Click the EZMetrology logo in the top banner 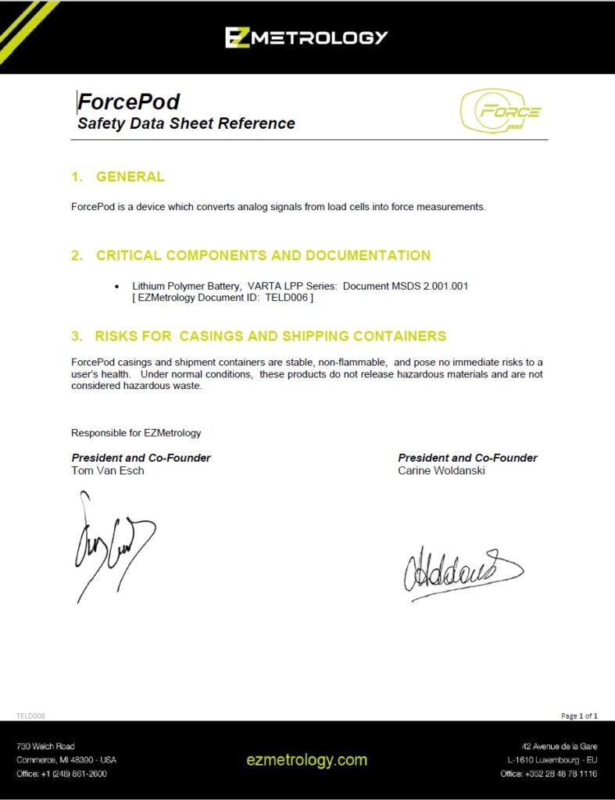[x=306, y=37]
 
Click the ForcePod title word [x=129, y=102]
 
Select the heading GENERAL [x=130, y=177]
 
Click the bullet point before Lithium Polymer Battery [x=117, y=287]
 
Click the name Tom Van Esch [x=108, y=470]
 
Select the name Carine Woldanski [x=442, y=470]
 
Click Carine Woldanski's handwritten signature [x=461, y=572]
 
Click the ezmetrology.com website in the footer [x=306, y=759]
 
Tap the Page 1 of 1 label [x=579, y=716]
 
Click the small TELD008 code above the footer [x=30, y=716]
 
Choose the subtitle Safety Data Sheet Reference [x=186, y=123]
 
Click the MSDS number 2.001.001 [x=443, y=287]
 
